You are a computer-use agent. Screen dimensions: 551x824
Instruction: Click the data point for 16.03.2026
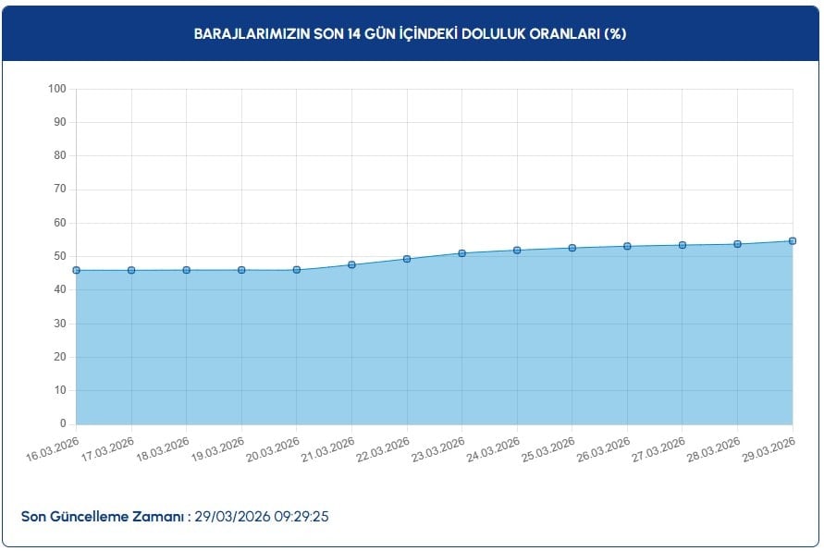76,270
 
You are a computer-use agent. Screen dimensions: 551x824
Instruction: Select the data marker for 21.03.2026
351,264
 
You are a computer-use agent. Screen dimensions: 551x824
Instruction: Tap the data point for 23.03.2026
461,253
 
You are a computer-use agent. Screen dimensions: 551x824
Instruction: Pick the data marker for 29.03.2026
793,241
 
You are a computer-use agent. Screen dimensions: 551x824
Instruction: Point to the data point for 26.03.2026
627,246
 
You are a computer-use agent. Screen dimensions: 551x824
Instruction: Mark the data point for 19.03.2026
241,270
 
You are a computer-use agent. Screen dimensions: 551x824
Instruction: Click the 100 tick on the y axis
57,89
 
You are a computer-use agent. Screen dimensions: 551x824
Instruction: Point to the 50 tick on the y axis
60,256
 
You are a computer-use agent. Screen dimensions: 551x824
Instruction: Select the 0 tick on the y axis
63,424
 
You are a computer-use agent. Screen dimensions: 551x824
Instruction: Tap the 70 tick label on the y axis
60,190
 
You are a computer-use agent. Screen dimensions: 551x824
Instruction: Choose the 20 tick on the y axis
60,357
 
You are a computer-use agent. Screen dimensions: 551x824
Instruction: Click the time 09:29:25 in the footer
301,516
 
